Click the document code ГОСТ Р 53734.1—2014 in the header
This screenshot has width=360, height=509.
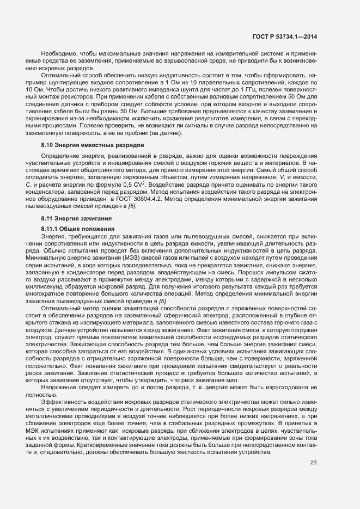pos(285,36)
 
